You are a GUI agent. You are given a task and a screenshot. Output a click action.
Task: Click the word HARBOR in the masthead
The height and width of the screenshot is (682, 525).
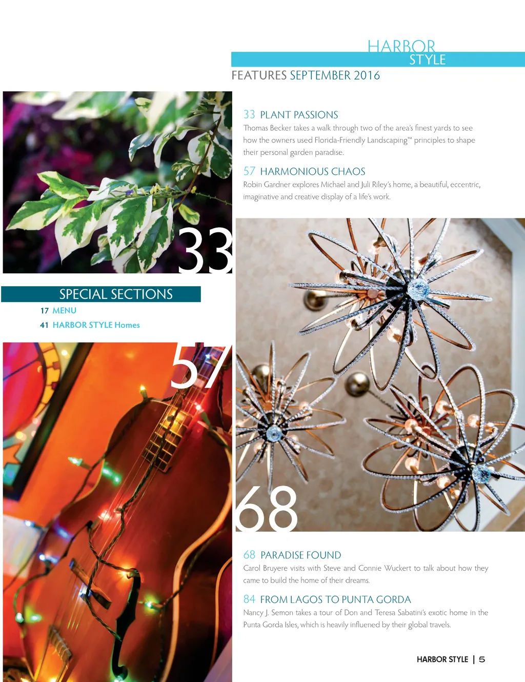click(401, 46)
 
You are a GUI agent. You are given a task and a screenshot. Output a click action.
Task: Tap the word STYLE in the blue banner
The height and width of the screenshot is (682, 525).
click(428, 59)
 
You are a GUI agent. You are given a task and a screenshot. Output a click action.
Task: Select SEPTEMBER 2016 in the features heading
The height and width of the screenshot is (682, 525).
click(335, 75)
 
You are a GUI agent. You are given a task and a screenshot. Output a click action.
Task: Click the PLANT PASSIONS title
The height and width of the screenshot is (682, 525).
click(299, 115)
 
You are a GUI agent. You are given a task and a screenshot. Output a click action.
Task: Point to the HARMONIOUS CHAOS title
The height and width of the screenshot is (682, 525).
click(313, 171)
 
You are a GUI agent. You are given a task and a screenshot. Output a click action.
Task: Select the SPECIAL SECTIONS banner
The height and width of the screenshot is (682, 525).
click(101, 294)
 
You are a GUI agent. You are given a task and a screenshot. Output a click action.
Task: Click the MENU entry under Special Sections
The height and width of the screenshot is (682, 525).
click(64, 310)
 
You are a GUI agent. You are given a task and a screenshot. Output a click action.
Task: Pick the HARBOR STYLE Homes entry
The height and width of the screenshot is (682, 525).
click(96, 325)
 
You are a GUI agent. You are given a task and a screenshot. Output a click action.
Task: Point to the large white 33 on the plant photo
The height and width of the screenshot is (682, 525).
click(205, 250)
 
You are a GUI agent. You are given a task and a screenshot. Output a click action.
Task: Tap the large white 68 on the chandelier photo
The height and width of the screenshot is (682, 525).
click(266, 509)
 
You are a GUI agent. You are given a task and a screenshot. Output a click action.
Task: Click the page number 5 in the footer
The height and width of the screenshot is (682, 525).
click(482, 659)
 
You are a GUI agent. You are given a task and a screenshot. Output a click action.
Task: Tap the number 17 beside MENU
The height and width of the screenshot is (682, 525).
click(44, 311)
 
